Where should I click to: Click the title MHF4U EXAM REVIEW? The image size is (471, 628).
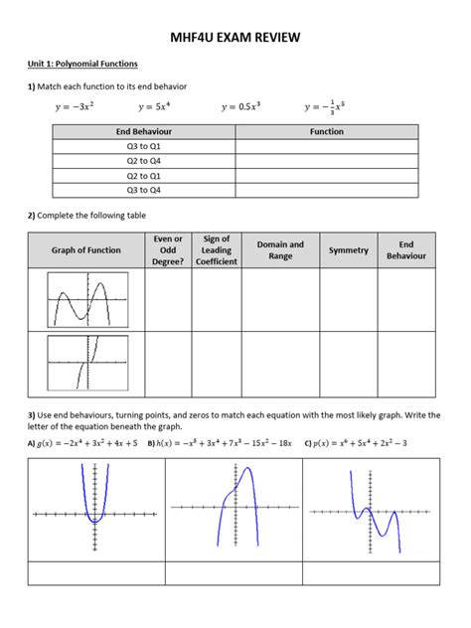(235, 39)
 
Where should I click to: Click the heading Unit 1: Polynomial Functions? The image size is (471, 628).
(82, 64)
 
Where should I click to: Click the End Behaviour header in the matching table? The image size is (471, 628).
(144, 131)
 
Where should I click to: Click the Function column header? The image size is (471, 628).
(327, 131)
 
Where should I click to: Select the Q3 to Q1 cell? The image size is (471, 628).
(144, 146)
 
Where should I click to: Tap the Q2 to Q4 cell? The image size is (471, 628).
(144, 160)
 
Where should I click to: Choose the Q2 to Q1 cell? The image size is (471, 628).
(144, 175)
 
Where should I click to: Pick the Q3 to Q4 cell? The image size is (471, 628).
(144, 189)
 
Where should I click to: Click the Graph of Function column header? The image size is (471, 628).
(86, 250)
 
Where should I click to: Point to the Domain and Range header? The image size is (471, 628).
(280, 250)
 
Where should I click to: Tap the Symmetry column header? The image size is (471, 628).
(348, 250)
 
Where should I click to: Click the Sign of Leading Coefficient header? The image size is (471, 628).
(216, 250)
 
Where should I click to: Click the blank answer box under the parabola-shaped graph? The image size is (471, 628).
(95, 573)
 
